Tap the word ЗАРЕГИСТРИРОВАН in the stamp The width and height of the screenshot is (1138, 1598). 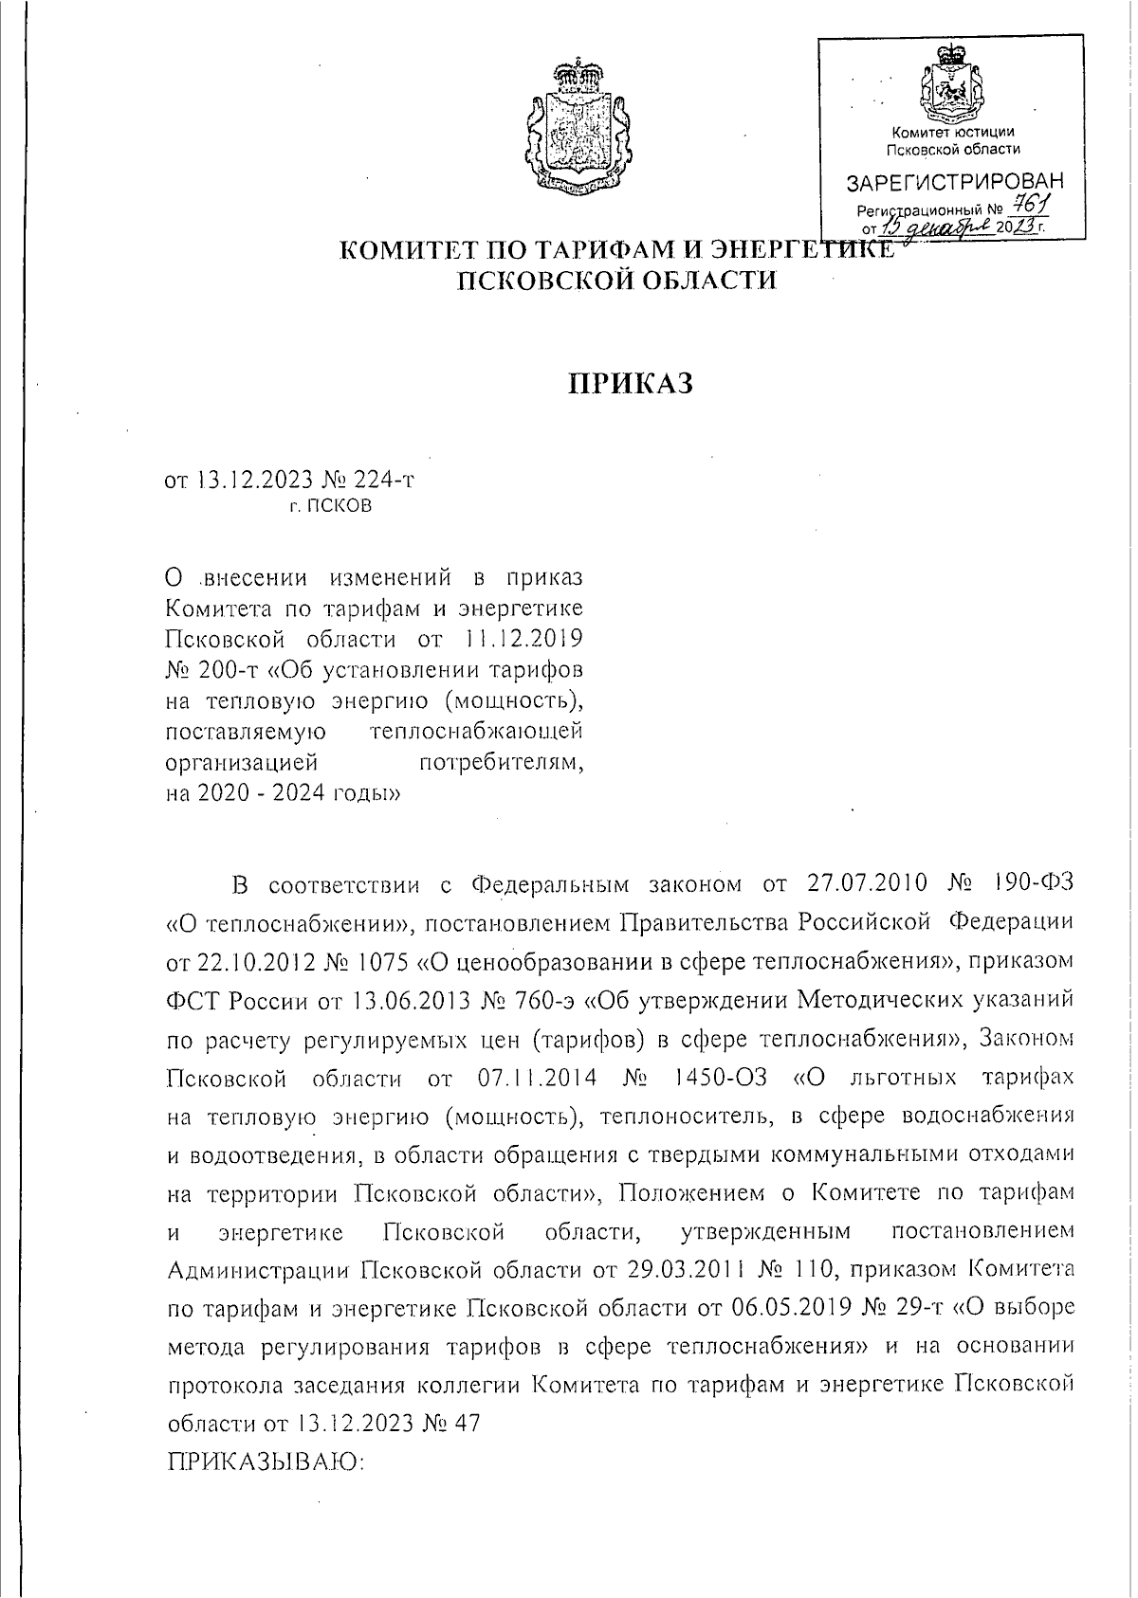(954, 181)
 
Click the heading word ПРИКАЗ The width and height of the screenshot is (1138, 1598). (632, 383)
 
